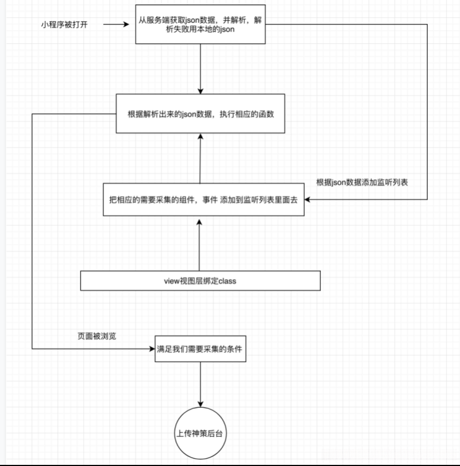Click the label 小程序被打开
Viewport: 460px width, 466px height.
pyautogui.click(x=64, y=25)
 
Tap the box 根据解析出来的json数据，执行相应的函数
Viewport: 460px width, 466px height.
pyautogui.click(x=200, y=114)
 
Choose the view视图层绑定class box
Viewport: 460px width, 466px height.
pyautogui.click(x=201, y=281)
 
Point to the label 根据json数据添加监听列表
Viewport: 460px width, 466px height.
pyautogui.click(x=362, y=182)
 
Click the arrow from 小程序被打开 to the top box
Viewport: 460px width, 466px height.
pyautogui.click(x=116, y=25)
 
